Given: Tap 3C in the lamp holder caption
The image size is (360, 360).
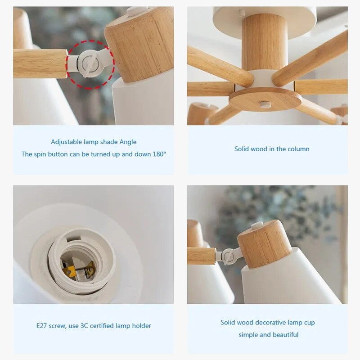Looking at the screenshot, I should click(86, 326).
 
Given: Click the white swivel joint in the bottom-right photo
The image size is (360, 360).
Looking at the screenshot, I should click(229, 256).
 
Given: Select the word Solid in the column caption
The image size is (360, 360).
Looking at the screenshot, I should click(243, 149).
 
